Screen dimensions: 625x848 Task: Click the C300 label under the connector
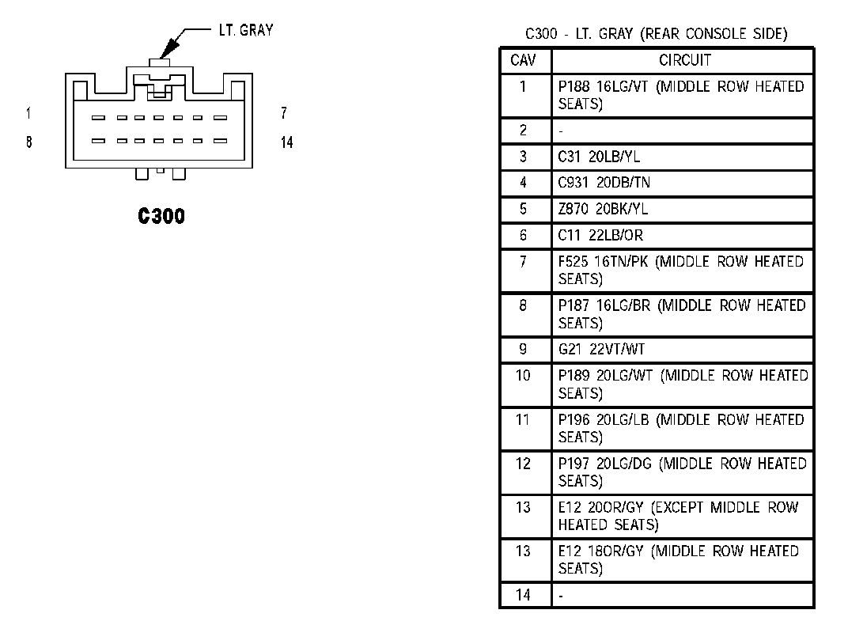[x=161, y=216]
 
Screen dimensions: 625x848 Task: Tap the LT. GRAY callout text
[x=245, y=31]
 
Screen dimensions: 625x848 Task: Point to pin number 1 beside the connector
[x=28, y=113]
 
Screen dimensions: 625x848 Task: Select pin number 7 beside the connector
[x=284, y=113]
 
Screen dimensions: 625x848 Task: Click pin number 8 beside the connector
[x=28, y=143]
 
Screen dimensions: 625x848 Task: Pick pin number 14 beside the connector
[x=286, y=143]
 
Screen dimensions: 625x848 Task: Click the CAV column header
[x=524, y=60]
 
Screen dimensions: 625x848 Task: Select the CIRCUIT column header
[x=685, y=60]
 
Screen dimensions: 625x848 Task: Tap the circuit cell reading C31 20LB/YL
[x=599, y=157]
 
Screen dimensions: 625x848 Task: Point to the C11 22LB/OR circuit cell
[x=600, y=236]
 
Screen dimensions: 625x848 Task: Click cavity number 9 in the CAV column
[x=523, y=348]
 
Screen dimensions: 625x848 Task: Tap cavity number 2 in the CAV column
[x=523, y=131]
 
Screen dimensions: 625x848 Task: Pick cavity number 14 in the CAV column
[x=523, y=594]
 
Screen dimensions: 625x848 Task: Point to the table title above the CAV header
[x=657, y=34]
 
